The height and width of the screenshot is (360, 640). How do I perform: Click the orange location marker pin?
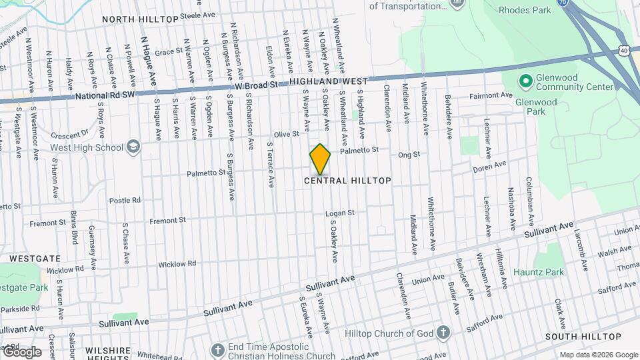click(x=320, y=159)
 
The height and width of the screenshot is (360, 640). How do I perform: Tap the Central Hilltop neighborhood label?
click(x=347, y=181)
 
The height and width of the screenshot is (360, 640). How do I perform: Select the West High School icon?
click(x=133, y=147)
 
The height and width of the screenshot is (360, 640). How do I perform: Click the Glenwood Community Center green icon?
click(x=525, y=81)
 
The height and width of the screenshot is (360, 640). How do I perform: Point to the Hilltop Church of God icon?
click(x=443, y=333)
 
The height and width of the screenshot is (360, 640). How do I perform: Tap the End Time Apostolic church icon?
click(x=217, y=350)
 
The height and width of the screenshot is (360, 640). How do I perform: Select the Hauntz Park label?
click(x=539, y=272)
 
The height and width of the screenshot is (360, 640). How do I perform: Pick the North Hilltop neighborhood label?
click(x=141, y=19)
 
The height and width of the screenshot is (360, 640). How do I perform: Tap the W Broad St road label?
click(x=256, y=86)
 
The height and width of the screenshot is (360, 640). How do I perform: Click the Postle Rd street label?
click(x=125, y=200)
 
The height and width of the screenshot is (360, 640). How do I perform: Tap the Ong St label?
click(x=409, y=155)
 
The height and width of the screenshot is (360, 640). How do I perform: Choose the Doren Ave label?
click(x=490, y=166)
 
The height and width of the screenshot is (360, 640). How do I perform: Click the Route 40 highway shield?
click(x=623, y=50)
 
